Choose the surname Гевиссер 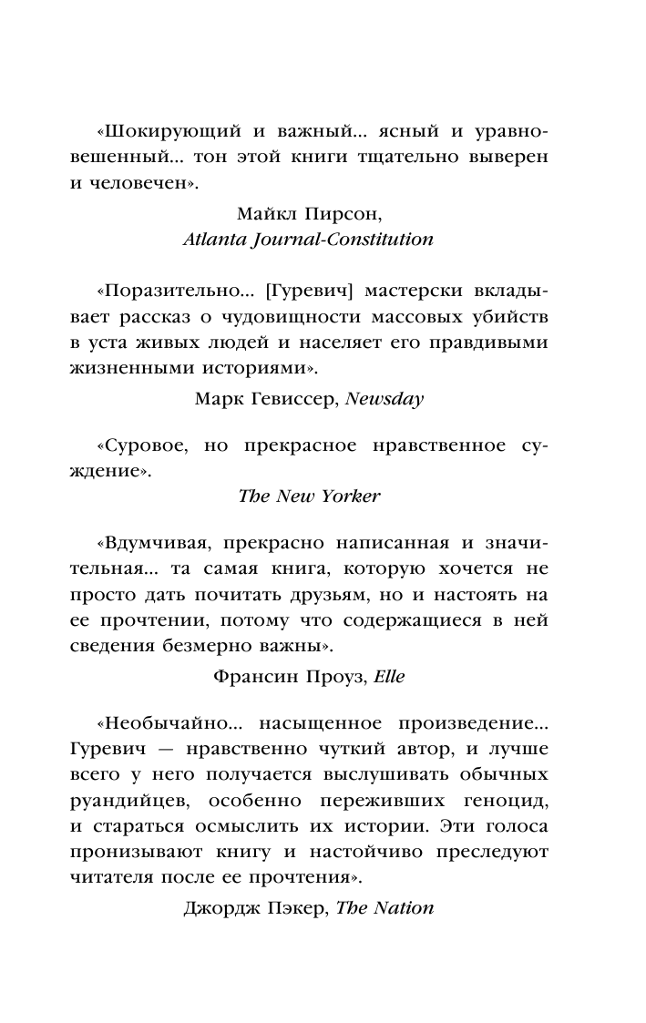point(302,397)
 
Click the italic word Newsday point(386,397)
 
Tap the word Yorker point(349,496)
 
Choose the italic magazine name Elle point(386,676)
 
